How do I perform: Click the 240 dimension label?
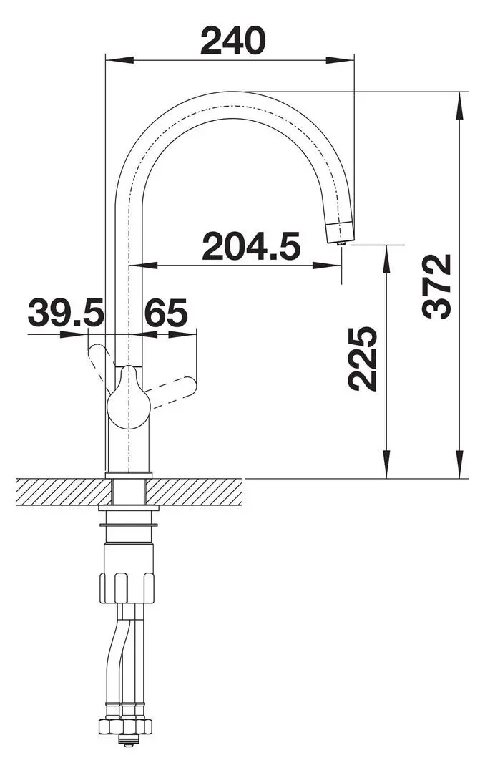232,40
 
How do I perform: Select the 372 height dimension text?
436,286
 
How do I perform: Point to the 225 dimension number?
362,359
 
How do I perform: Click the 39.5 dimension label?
66,313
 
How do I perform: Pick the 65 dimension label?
166,313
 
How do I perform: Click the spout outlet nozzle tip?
340,232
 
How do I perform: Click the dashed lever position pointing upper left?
100,367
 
